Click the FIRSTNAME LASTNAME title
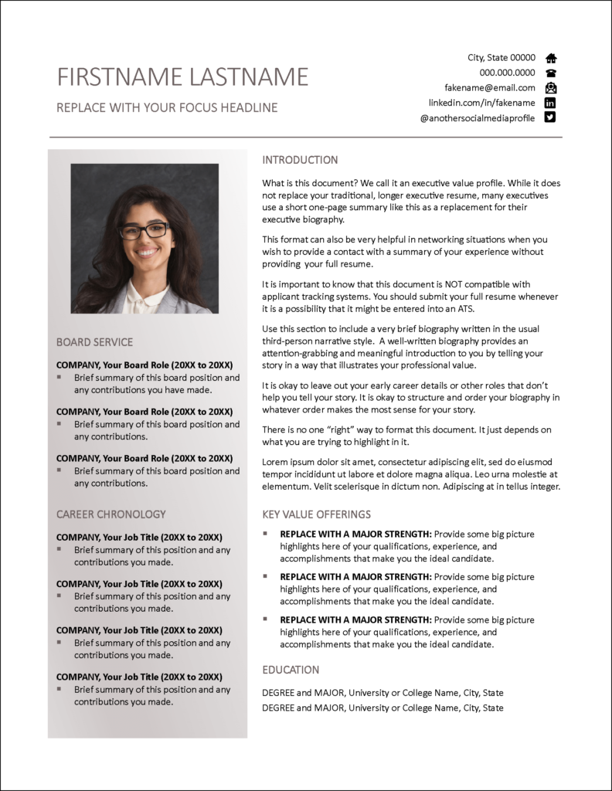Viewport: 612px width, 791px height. [182, 76]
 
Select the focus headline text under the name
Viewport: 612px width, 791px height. [167, 107]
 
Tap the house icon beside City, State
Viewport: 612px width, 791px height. [551, 58]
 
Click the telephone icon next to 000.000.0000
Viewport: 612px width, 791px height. [551, 73]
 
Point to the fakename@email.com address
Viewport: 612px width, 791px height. [490, 87]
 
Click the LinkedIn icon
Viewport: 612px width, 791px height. [551, 103]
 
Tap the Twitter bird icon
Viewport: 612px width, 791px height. [551, 117]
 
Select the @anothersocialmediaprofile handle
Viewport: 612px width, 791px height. [478, 117]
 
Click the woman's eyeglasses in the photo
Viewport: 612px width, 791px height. [144, 230]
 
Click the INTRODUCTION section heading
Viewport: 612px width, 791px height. [300, 160]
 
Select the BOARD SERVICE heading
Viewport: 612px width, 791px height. [94, 342]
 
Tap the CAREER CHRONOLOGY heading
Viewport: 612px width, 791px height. [111, 514]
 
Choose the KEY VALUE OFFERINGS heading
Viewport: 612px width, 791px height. [317, 514]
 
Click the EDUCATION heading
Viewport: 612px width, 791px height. [291, 670]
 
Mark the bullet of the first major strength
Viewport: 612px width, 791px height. [265, 533]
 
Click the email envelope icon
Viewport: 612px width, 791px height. [551, 87]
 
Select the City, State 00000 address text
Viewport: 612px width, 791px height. [501, 58]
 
